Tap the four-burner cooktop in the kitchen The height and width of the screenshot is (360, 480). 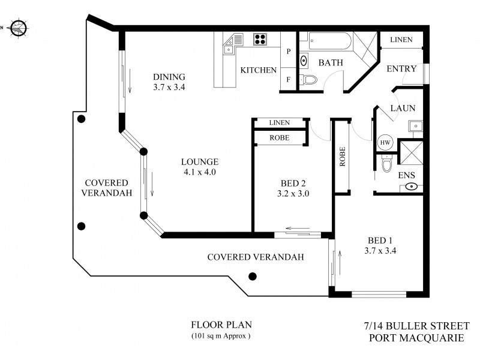tap(261, 40)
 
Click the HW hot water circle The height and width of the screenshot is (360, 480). tap(385, 143)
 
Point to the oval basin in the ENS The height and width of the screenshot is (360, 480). tap(412, 187)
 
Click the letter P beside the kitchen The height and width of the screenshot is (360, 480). tap(289, 52)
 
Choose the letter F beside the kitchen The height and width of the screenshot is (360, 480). tap(289, 79)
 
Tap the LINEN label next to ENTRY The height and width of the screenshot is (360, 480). tap(401, 40)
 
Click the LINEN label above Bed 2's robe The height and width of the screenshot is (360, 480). tap(279, 122)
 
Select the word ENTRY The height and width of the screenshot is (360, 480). tap(401, 69)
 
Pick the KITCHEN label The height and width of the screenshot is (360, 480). tap(258, 70)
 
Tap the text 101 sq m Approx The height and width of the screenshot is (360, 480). tap(220, 336)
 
